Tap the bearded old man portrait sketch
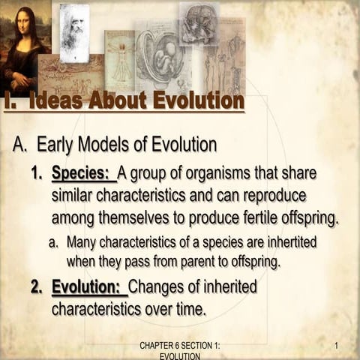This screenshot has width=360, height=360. coord(74,32)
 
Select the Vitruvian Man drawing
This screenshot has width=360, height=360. coord(119,61)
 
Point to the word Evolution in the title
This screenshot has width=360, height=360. coord(196,100)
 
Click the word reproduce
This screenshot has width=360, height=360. coord(269,196)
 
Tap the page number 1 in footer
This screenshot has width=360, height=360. coord(337,346)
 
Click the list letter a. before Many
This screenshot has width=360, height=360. coord(55,243)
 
